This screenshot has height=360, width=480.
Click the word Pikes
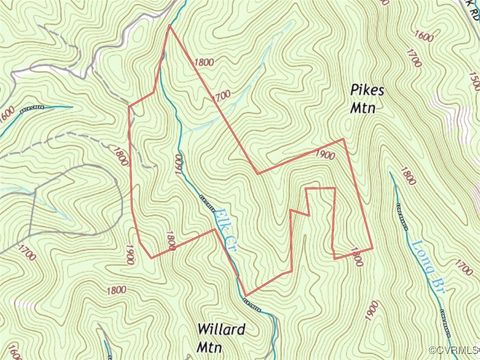coord(367,89)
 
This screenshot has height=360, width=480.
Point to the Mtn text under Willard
coord(209,347)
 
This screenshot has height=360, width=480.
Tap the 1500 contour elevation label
coord(474,79)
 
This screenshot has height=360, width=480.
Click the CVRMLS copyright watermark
coord(453,350)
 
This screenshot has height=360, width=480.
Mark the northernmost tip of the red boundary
coord(168,26)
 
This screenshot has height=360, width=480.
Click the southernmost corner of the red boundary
coord(245,295)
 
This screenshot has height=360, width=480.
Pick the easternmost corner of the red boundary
coord(372,249)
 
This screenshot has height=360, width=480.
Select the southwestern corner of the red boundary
coord(151,257)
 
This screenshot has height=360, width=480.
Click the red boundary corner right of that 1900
coord(344,139)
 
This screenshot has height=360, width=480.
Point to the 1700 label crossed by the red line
coord(222,97)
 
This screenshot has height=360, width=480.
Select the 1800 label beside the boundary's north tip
coord(204,62)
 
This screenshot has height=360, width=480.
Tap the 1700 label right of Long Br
coord(462,267)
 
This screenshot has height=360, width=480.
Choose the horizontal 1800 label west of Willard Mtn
coord(116,290)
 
